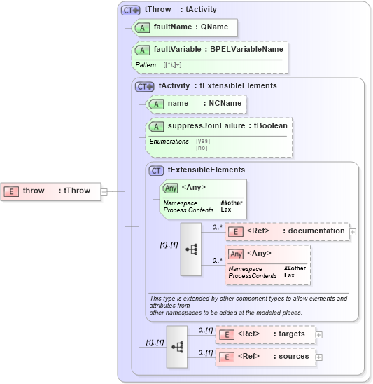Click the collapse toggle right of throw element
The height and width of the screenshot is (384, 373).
point(104,191)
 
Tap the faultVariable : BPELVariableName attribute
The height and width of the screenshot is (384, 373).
point(210,50)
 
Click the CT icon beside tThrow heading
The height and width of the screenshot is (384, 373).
point(131,10)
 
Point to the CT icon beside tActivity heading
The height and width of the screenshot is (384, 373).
point(145,85)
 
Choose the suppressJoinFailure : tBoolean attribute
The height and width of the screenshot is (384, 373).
point(219,126)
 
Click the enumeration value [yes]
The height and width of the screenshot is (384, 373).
point(203,141)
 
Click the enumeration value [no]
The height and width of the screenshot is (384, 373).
point(202,148)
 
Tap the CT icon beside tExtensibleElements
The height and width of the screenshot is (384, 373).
point(157,170)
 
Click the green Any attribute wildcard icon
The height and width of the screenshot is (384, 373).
point(170,188)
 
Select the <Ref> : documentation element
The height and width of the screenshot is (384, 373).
point(287,231)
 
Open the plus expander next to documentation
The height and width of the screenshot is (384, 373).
point(353,231)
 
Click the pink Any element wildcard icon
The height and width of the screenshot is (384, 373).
point(237,254)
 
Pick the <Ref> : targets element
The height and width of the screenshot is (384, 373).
point(265,334)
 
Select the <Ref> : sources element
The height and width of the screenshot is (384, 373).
point(265,357)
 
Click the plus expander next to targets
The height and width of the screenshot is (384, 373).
point(319,334)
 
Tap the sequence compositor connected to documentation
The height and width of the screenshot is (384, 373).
point(192,249)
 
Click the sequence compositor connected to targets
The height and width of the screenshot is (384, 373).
point(177,346)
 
